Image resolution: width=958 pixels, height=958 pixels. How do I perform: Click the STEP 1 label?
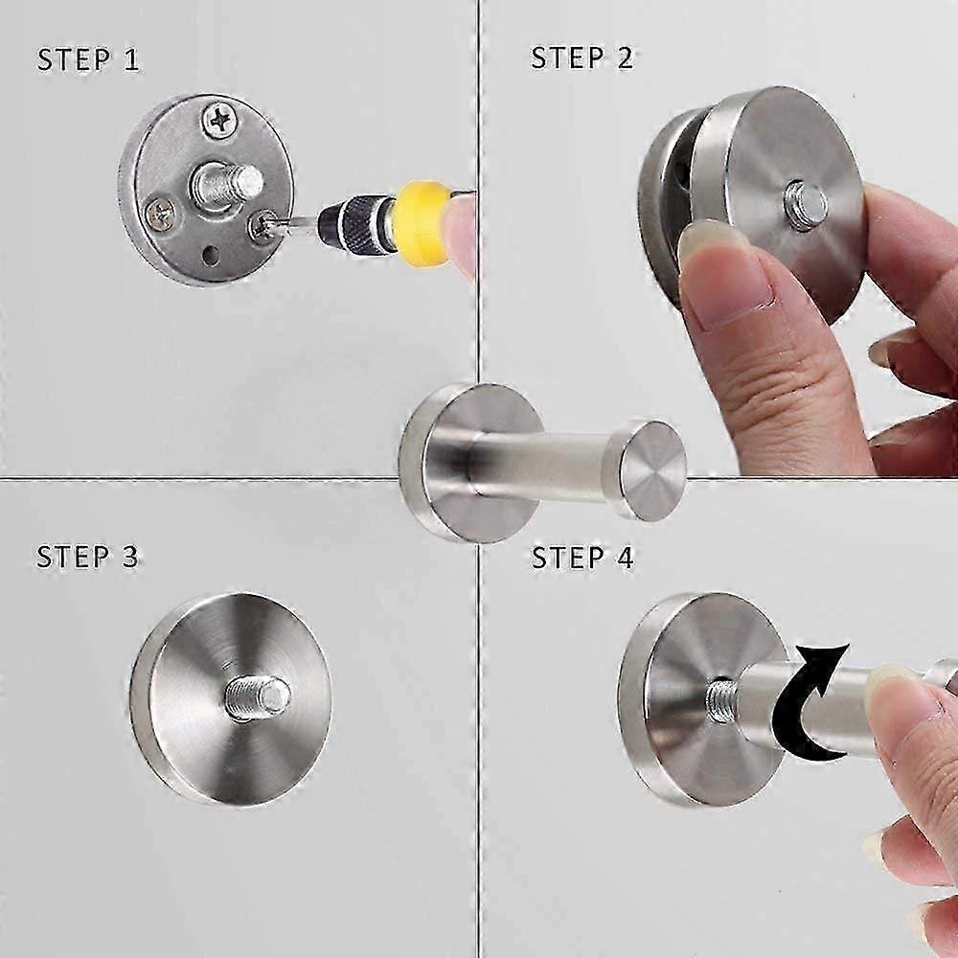pyautogui.click(x=88, y=59)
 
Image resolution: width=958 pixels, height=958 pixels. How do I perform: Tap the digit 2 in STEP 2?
pyautogui.click(x=625, y=57)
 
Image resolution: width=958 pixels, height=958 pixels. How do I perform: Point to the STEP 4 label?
pyautogui.click(x=582, y=558)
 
